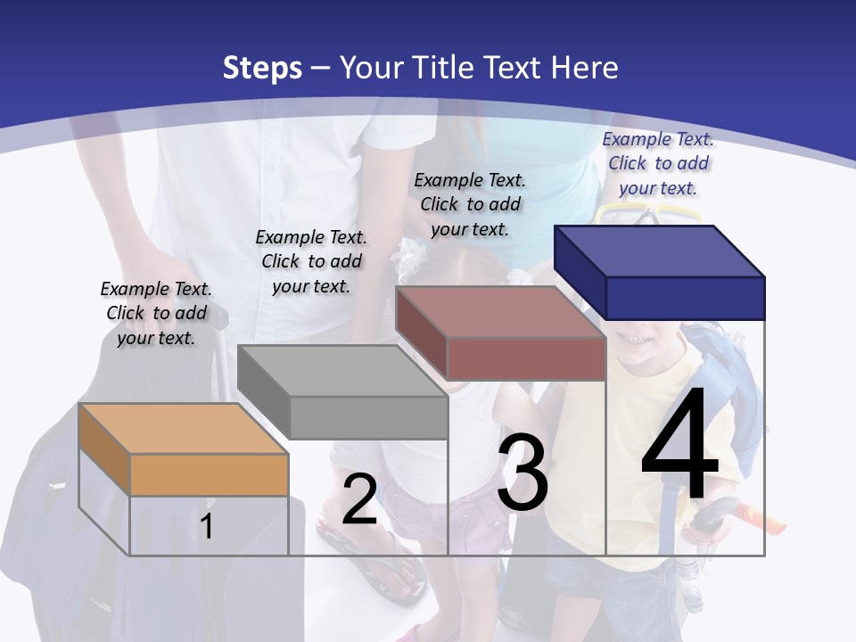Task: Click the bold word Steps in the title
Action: [x=262, y=68]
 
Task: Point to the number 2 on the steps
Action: [x=359, y=498]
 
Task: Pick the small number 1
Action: [x=207, y=526]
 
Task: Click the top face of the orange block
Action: [x=183, y=428]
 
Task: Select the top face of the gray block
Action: [x=343, y=370]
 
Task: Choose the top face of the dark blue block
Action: [x=660, y=251]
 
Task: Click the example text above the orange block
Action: [x=156, y=313]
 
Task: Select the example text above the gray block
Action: [x=311, y=261]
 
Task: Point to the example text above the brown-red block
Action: [x=470, y=204]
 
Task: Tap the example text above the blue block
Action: [x=658, y=163]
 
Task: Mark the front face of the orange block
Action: [x=209, y=474]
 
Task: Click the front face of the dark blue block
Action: [x=685, y=298]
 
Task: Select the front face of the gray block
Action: [x=368, y=417]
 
